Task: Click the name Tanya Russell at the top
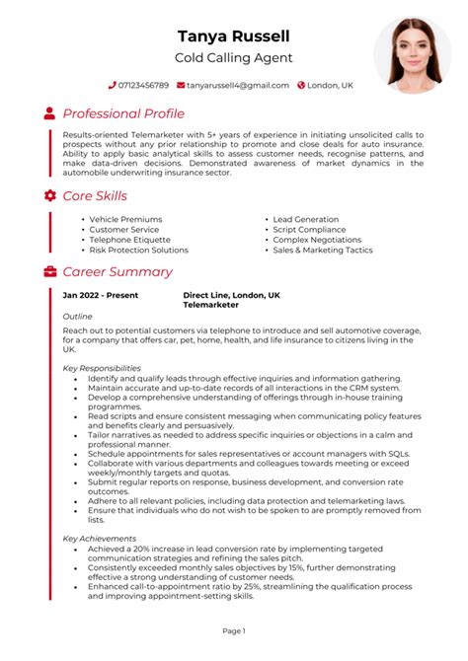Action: coord(233,37)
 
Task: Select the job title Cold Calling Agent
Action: coord(233,59)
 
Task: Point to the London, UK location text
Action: coord(330,86)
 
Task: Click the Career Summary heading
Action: coord(117,271)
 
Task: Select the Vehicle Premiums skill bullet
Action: coord(125,219)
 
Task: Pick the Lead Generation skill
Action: coord(306,219)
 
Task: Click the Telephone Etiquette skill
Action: coord(129,240)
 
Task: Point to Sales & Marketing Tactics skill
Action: coord(322,251)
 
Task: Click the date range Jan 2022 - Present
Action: coord(101,295)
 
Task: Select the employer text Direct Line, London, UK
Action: coord(231,295)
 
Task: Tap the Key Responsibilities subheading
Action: coord(102,368)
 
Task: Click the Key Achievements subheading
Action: coord(99,539)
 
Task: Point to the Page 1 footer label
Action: coord(233,629)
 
